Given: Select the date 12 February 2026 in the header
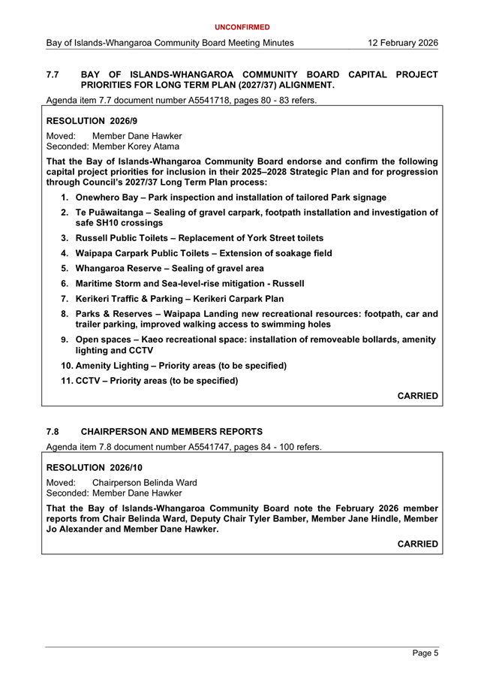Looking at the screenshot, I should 403,44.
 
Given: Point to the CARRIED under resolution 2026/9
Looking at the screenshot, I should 417,396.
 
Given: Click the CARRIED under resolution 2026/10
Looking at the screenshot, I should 417,543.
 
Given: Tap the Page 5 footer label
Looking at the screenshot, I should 425,653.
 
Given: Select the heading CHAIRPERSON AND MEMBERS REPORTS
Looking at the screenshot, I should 171,432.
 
